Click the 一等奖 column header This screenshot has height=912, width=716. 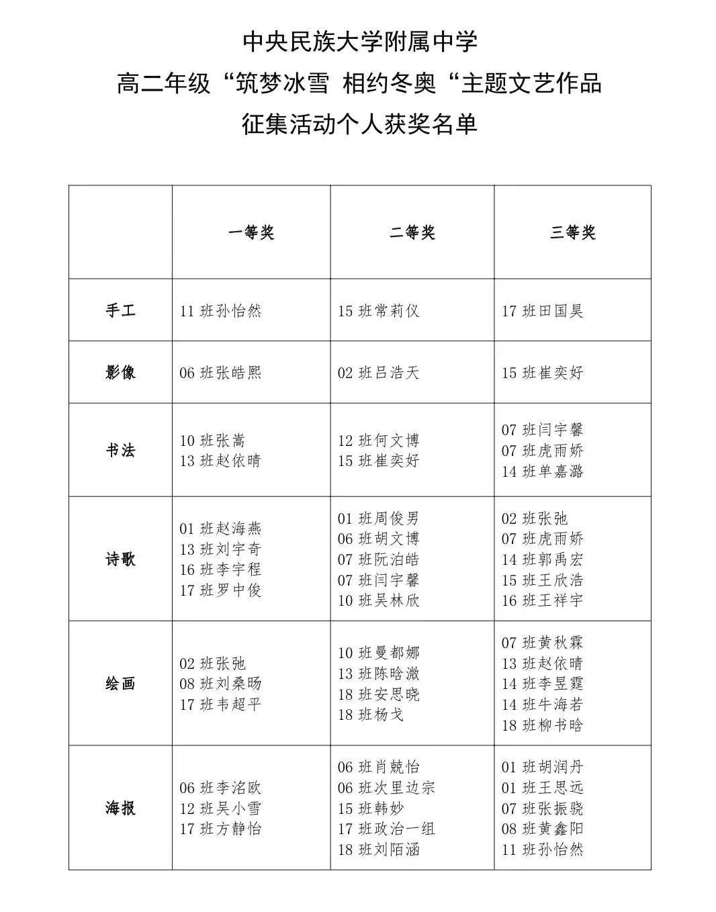[x=251, y=232]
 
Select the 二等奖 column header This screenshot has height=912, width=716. [x=412, y=232]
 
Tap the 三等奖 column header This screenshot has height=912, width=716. [x=573, y=232]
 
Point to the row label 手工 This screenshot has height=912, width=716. [x=120, y=310]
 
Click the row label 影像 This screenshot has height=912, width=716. [x=120, y=372]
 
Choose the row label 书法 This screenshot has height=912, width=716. [x=120, y=450]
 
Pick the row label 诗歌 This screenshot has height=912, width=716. [x=120, y=559]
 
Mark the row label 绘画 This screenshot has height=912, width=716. [x=120, y=684]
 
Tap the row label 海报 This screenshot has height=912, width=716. [x=120, y=808]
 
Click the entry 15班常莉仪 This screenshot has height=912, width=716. [x=379, y=311]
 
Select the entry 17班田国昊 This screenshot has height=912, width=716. [x=543, y=311]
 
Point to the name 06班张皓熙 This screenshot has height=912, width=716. [x=220, y=373]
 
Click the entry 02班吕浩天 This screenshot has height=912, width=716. [x=379, y=373]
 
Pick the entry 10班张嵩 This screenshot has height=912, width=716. [x=212, y=441]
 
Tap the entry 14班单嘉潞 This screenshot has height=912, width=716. [x=543, y=471]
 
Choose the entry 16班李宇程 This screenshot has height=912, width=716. [x=220, y=569]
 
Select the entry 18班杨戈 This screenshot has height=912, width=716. [x=371, y=715]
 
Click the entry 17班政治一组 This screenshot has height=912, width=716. [x=387, y=829]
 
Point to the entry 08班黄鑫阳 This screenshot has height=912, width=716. [x=543, y=829]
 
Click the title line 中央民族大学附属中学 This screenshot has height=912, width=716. [x=360, y=42]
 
